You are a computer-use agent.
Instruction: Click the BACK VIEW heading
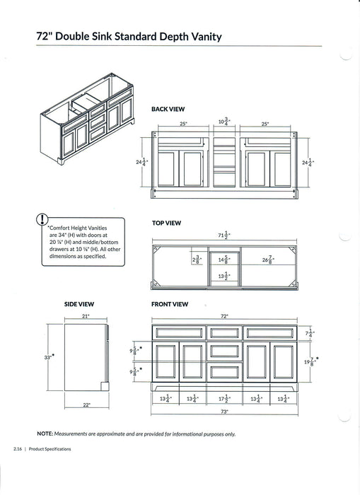[x=168, y=110]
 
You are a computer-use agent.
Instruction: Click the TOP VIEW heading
[x=167, y=223]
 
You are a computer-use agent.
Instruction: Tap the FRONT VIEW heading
[x=170, y=304]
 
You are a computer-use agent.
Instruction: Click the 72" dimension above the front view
[x=226, y=316]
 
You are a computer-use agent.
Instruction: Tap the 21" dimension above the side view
[x=86, y=316]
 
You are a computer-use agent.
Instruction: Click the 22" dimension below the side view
[x=86, y=404]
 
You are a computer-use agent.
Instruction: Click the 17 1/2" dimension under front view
[x=224, y=398]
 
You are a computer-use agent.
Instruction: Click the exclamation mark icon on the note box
[x=44, y=219]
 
